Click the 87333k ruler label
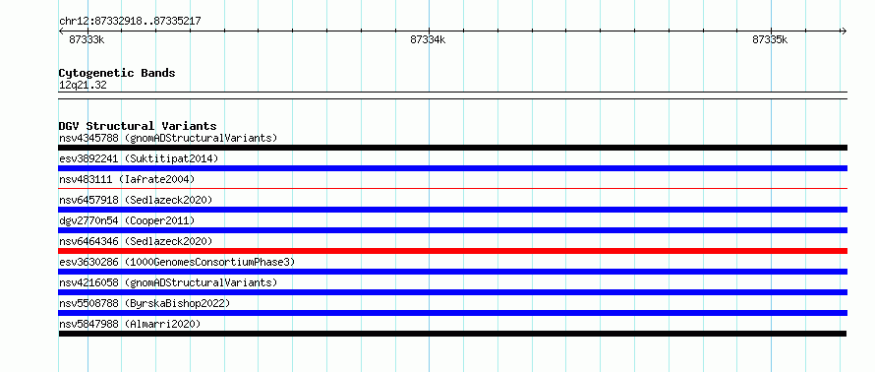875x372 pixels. click(87, 39)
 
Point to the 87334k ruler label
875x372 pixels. click(428, 39)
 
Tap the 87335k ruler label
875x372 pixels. click(770, 39)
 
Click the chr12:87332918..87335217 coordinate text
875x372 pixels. click(130, 22)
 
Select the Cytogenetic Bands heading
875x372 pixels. click(117, 73)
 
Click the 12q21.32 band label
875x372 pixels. click(83, 86)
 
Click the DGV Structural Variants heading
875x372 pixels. click(138, 126)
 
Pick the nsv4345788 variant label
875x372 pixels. click(88, 138)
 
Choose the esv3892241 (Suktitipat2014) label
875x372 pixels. click(139, 158)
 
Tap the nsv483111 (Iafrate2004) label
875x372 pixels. click(127, 179)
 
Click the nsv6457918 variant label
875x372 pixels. click(88, 200)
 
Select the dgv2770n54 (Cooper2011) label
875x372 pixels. click(127, 220)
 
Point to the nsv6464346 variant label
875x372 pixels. click(88, 241)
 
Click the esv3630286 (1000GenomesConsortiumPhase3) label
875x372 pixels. click(177, 262)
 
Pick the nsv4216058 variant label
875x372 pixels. click(88, 282)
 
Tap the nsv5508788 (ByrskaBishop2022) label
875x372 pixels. click(145, 303)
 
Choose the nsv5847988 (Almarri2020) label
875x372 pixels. click(130, 324)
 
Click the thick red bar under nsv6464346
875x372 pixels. click(452, 251)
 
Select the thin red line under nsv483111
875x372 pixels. click(452, 189)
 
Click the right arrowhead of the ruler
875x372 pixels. click(845, 31)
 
